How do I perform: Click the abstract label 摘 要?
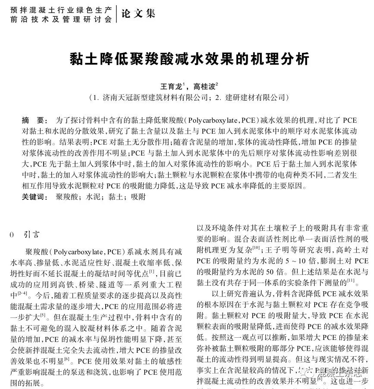tap(32, 120)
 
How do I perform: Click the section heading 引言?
tap(31, 235)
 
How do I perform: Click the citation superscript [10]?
tap(256, 248)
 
